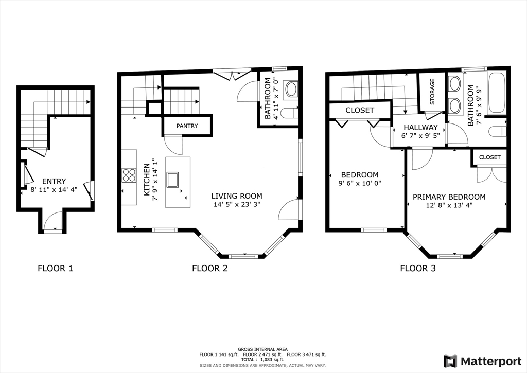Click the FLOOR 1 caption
56,268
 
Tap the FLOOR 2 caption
210,268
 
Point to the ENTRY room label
54,181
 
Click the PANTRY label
187,126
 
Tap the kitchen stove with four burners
129,175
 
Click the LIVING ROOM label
237,196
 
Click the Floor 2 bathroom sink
291,88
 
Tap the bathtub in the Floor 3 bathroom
497,93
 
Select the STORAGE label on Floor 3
432,92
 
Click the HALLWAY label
420,127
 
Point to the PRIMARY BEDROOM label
449,197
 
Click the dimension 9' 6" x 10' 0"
359,183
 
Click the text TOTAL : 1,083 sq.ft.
263,359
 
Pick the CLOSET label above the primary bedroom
489,157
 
